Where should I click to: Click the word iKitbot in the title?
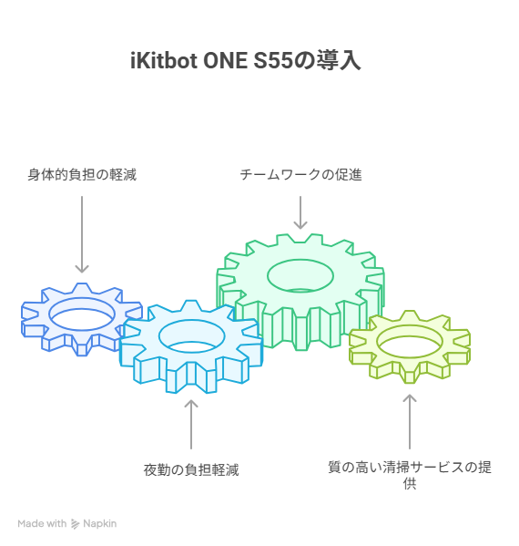coord(163,60)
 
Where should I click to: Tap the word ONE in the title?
coord(225,60)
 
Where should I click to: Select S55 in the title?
coord(273,60)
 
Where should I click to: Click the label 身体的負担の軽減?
coord(82,175)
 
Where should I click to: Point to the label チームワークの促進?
coord(300,175)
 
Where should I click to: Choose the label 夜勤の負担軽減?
coord(191,469)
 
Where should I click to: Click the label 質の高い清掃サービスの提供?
coord(410,475)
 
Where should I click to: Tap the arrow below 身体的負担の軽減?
coord(82,234)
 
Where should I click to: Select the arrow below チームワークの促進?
coord(300,212)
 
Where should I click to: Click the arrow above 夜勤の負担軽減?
coord(191,425)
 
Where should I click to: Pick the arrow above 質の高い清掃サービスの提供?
coord(410,422)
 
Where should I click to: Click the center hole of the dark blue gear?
coord(82,314)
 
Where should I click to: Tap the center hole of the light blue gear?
coord(192,336)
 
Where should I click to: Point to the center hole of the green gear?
coord(300,276)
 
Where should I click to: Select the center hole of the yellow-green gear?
coord(410,342)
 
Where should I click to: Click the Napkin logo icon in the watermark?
coord(76,524)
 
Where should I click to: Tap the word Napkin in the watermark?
coord(100,524)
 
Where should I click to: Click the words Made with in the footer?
coord(42,523)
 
